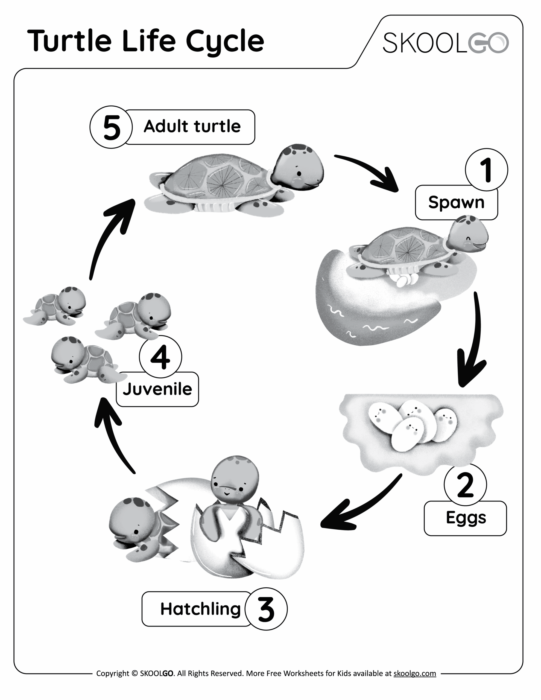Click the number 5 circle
pyautogui.click(x=111, y=127)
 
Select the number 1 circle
pyautogui.click(x=486, y=170)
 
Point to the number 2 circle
pyautogui.click(x=465, y=485)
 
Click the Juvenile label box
pyautogui.click(x=157, y=390)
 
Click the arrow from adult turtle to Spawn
pyautogui.click(x=369, y=171)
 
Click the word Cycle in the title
pyautogui.click(x=225, y=42)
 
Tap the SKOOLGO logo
pyautogui.click(x=446, y=43)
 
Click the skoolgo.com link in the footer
pyautogui.click(x=414, y=673)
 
